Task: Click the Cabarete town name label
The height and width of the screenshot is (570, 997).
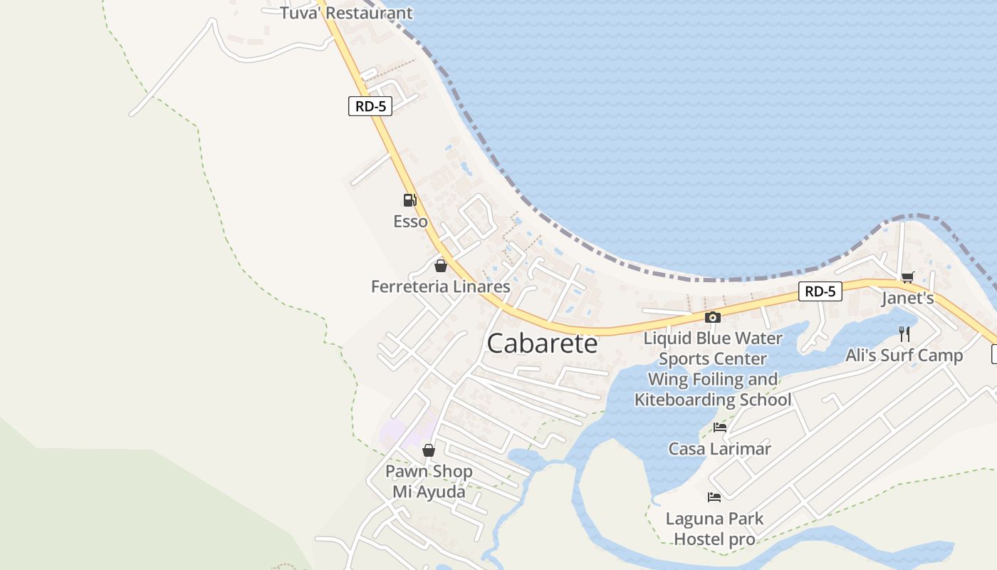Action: (x=542, y=343)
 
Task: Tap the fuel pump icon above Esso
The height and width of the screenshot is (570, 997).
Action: (x=409, y=200)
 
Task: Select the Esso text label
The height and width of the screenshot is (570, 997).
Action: (x=411, y=222)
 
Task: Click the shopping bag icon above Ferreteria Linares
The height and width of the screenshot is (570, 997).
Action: (x=441, y=266)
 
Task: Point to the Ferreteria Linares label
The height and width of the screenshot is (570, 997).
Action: (x=440, y=286)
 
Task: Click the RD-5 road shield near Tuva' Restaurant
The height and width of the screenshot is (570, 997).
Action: (x=370, y=107)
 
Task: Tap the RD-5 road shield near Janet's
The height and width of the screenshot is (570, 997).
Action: (x=820, y=291)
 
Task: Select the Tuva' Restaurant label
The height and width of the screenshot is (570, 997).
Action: (x=346, y=13)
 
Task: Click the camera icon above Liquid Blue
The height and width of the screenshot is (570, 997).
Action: (x=712, y=318)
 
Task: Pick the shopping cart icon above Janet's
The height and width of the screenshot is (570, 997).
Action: (x=907, y=277)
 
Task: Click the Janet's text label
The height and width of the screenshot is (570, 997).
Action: (x=907, y=298)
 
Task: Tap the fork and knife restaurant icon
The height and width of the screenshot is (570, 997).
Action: (x=904, y=333)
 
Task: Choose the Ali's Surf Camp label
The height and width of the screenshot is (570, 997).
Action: (x=904, y=355)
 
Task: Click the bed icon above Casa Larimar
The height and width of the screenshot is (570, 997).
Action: (x=720, y=427)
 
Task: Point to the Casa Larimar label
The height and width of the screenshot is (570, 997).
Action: (x=719, y=449)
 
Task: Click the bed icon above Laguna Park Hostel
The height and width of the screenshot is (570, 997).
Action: (x=714, y=497)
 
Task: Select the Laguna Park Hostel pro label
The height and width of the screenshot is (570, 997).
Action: (x=714, y=529)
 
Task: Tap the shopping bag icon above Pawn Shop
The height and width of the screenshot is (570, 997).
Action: (x=429, y=450)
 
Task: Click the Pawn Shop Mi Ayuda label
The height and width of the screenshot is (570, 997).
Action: (x=429, y=482)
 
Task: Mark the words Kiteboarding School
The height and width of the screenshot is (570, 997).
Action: (x=713, y=400)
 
